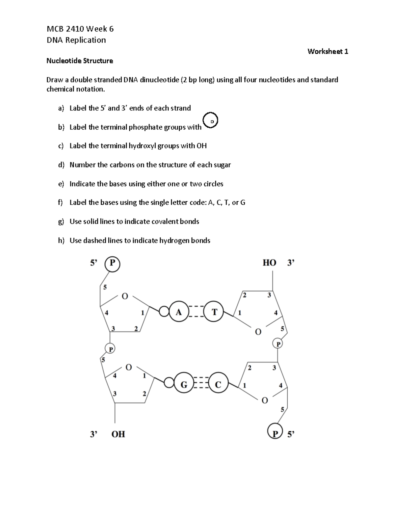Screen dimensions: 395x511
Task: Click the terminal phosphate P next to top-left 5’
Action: [112, 264]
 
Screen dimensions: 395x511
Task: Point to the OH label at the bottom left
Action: [118, 434]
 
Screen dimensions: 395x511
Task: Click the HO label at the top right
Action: [269, 263]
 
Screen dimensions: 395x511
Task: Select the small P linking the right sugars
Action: [278, 344]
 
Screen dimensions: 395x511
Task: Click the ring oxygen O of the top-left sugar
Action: [124, 296]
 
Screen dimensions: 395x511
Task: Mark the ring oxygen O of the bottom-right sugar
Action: [264, 400]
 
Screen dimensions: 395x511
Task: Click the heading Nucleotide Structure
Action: [80, 61]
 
